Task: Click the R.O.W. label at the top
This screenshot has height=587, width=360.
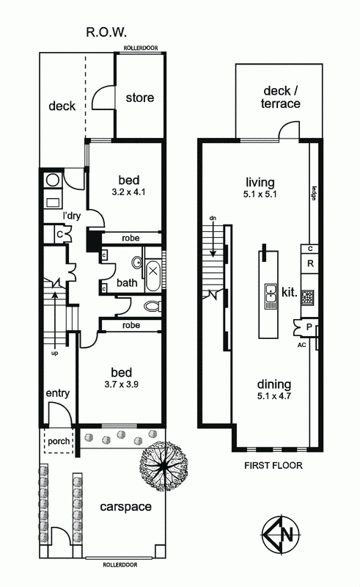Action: pyautogui.click(x=106, y=32)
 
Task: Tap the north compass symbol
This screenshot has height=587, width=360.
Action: pyautogui.click(x=281, y=533)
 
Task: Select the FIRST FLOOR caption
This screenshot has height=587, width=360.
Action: pyautogui.click(x=273, y=465)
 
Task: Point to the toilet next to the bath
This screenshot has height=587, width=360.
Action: pyautogui.click(x=153, y=307)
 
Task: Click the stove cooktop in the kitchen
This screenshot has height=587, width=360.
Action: pyautogui.click(x=308, y=297)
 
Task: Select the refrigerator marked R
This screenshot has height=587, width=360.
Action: pyautogui.click(x=310, y=263)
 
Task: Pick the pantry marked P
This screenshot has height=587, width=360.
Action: pyautogui.click(x=309, y=327)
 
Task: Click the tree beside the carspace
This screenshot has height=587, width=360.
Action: pyautogui.click(x=164, y=466)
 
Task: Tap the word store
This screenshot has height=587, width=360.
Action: pyautogui.click(x=140, y=98)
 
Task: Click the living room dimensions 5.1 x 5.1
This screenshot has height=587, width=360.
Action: pyautogui.click(x=260, y=194)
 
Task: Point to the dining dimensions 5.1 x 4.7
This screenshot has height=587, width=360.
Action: pyautogui.click(x=274, y=396)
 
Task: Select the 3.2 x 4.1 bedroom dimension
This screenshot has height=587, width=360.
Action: pyautogui.click(x=129, y=192)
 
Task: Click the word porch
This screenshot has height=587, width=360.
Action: pyautogui.click(x=59, y=442)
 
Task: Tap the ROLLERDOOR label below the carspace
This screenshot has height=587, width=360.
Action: pyautogui.click(x=120, y=565)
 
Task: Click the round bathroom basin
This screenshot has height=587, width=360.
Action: pyautogui.click(x=137, y=263)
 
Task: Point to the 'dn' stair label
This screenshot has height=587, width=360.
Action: pyautogui.click(x=213, y=218)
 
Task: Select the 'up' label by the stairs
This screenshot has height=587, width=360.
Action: pyautogui.click(x=55, y=354)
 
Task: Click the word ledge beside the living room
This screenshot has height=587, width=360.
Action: pyautogui.click(x=314, y=193)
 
